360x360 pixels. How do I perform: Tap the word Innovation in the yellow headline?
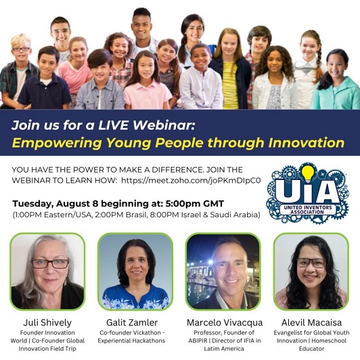[x=307, y=143]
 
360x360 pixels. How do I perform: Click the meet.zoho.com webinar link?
[x=191, y=181]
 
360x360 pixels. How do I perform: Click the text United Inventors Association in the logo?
[x=308, y=210]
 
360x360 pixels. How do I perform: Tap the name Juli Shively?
[x=47, y=323]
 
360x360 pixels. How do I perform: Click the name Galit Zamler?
[x=132, y=323]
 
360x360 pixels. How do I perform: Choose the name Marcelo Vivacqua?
[x=225, y=323]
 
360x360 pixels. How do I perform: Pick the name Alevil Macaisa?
[x=311, y=323]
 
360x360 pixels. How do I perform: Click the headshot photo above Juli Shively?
[x=47, y=271]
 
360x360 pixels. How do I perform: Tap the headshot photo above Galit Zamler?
[x=135, y=271]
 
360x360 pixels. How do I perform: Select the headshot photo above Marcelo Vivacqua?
[x=223, y=271]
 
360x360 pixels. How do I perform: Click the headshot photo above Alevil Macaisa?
[x=311, y=271]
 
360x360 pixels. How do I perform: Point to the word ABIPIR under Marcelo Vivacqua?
[x=198, y=340]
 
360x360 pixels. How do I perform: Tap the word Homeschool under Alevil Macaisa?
[x=329, y=340]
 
